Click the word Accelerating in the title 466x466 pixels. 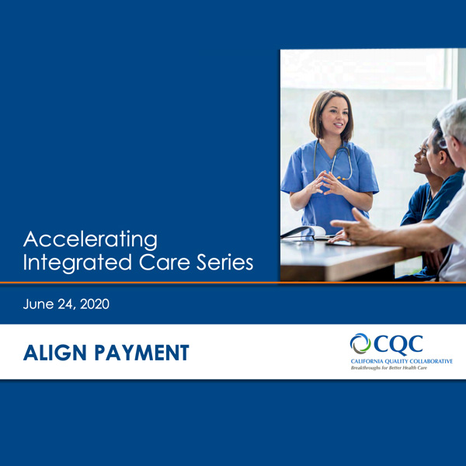(x=90, y=238)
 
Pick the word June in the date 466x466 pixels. (x=39, y=304)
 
